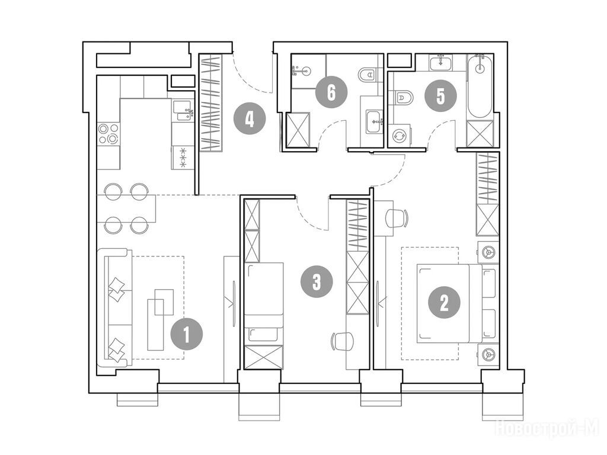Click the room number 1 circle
click(187, 334)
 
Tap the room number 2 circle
click(444, 303)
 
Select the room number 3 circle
click(317, 281)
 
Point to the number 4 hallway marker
click(250, 118)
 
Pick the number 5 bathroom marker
click(440, 96)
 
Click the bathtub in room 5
click(480, 87)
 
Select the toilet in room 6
click(368, 74)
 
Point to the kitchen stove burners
click(108, 133)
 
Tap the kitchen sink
click(181, 111)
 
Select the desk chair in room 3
click(343, 341)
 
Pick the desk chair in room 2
click(397, 218)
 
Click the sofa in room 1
click(116, 308)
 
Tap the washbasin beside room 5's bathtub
click(441, 62)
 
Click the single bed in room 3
click(264, 304)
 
